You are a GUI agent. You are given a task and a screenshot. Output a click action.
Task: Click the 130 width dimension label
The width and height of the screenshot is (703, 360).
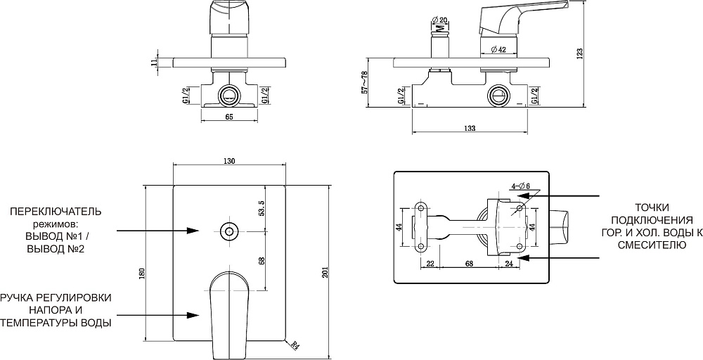(x=229, y=161)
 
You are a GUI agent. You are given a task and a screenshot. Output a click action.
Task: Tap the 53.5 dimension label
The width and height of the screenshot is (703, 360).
(x=262, y=208)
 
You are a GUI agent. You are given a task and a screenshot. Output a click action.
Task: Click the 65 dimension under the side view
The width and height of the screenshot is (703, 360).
(x=228, y=117)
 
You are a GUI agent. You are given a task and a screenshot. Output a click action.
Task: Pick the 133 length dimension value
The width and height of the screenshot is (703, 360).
(x=470, y=128)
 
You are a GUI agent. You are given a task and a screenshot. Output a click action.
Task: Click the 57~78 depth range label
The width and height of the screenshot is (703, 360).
(x=364, y=82)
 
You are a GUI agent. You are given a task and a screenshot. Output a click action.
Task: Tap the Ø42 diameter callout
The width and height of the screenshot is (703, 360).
(x=498, y=50)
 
